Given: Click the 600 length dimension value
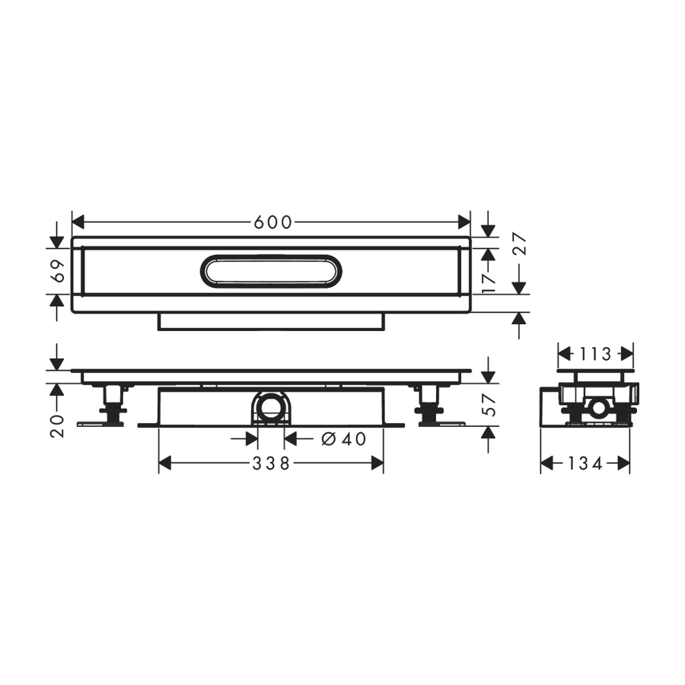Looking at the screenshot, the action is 272,223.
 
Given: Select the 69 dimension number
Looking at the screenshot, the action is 59,271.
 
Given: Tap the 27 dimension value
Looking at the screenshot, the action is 521,244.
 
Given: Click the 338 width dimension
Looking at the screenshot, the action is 271,463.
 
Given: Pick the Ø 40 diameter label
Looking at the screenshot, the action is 344,439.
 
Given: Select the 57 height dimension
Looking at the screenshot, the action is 491,405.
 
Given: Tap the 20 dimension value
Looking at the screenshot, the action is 58,426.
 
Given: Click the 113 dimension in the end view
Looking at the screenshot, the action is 595,354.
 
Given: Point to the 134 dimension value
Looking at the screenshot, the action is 585,463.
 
